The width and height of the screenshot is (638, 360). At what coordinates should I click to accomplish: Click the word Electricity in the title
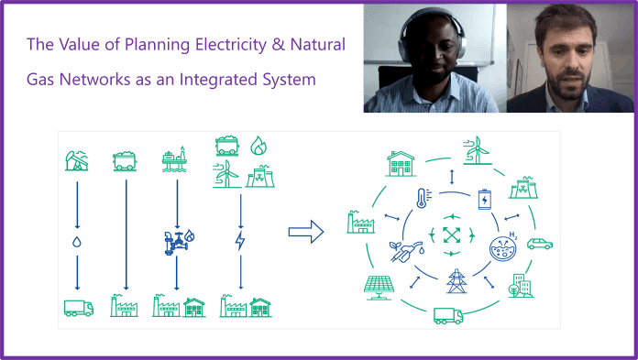click(x=224, y=43)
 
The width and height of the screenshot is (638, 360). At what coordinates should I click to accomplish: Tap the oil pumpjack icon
click(x=77, y=159)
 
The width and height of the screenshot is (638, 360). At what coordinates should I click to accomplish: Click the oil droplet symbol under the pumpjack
click(x=78, y=243)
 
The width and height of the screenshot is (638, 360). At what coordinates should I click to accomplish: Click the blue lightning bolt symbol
click(x=239, y=242)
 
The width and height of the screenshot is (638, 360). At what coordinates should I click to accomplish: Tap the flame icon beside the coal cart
click(x=258, y=146)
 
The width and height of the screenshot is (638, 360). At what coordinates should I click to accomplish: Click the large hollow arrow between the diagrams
click(x=306, y=231)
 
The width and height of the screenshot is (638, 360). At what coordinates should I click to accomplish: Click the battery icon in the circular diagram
click(x=485, y=197)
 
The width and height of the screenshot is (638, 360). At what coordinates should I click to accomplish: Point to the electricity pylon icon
click(x=455, y=280)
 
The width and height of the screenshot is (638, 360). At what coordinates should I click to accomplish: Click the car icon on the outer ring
click(x=540, y=244)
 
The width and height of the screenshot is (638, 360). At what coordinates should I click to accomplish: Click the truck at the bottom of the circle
click(x=448, y=315)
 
